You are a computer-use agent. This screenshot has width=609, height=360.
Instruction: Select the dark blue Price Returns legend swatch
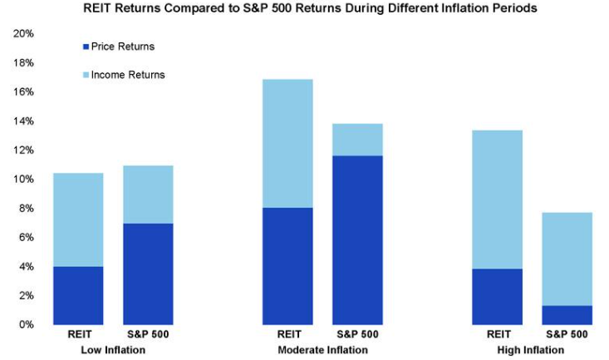85,47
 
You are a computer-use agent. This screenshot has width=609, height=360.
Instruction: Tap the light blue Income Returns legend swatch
85,75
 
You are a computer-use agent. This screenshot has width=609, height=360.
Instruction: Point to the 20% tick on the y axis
23,34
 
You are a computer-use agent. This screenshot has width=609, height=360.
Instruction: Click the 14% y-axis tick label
23,121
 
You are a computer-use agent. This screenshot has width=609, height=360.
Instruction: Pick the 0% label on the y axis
26,324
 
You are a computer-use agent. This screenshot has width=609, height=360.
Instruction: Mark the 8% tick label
26,209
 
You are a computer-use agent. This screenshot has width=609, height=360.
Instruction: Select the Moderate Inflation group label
322,350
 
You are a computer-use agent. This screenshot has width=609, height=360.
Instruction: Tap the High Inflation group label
531,350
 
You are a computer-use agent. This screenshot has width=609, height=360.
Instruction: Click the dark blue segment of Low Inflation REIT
78,295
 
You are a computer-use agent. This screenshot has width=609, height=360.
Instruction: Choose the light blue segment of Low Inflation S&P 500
148,195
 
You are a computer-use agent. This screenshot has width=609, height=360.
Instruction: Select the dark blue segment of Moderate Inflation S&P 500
357,239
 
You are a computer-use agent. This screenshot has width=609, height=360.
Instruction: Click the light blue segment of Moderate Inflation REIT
287,143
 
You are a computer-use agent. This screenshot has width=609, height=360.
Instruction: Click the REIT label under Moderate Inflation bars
287,335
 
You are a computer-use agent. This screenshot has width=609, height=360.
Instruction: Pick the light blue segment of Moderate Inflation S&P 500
357,140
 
